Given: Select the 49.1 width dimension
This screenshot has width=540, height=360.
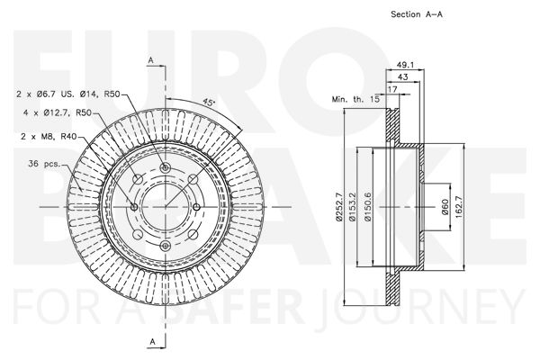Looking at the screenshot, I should [x=405, y=65].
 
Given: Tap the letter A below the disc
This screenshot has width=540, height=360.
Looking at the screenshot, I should [x=151, y=340].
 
